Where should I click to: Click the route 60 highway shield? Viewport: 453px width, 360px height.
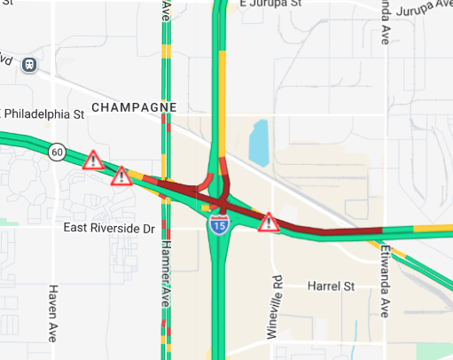pyautogui.click(x=57, y=152)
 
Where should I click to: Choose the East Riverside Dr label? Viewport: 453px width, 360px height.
pyautogui.click(x=110, y=229)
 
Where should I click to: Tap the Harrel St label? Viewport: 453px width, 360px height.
pyautogui.click(x=330, y=286)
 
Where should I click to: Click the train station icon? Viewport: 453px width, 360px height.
pyautogui.click(x=31, y=65)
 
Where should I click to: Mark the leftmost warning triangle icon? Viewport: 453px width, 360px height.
pyautogui.click(x=92, y=160)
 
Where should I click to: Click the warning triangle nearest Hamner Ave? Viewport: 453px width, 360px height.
pyautogui.click(x=122, y=176)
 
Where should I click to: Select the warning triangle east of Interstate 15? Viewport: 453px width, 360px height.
pyautogui.click(x=268, y=223)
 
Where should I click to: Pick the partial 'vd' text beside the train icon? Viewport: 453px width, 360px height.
pyautogui.click(x=7, y=62)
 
